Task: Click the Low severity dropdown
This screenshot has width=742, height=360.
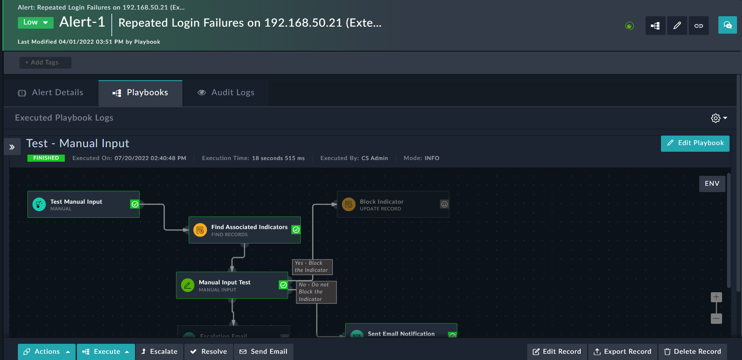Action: coord(35,22)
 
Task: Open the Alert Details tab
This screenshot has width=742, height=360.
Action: coord(51,93)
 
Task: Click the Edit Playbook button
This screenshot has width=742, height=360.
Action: coord(695,143)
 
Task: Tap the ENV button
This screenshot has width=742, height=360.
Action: coord(712,184)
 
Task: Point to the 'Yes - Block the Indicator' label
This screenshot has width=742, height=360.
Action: coord(312,267)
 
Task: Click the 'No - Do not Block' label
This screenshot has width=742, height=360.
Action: coord(316,292)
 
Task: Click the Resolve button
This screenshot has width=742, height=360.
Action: coord(209,352)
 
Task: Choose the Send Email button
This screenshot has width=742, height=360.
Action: coord(263,352)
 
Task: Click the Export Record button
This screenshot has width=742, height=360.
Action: coord(622,352)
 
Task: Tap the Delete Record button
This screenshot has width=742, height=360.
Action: coord(693,352)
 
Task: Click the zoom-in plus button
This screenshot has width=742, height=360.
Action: coord(716,297)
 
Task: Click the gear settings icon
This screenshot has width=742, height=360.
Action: coord(715,118)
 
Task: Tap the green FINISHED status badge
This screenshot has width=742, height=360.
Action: coord(46,158)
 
